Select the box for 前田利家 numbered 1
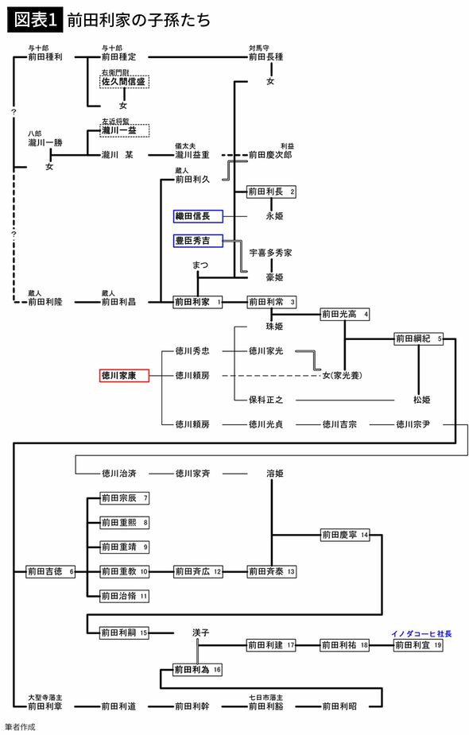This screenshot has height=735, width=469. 198,302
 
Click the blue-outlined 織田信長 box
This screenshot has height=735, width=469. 198,216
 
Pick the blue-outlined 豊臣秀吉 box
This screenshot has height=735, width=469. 198,240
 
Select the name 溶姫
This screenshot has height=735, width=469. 274,473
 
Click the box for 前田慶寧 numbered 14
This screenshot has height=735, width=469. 345,535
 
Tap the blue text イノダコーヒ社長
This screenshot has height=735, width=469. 421,633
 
